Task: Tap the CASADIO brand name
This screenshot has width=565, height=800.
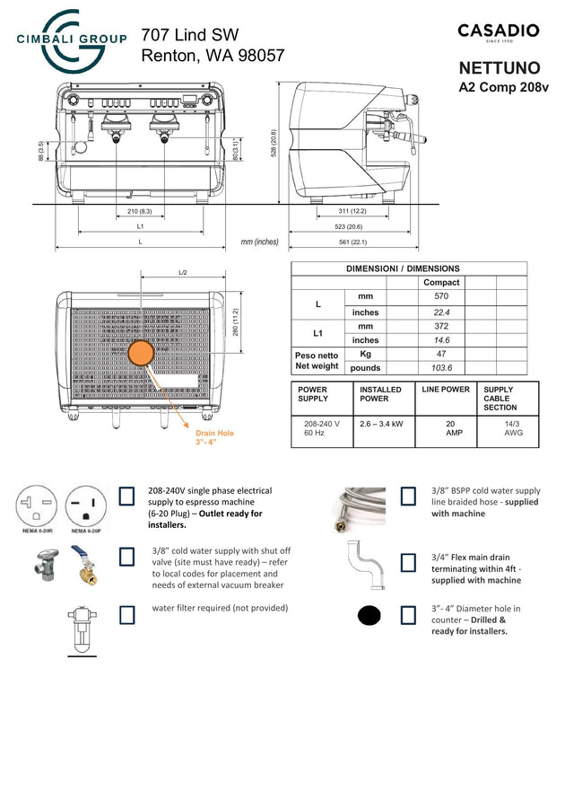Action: [x=499, y=31]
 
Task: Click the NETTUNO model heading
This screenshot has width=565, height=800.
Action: [x=500, y=68]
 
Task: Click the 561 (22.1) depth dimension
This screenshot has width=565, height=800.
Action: [x=352, y=242]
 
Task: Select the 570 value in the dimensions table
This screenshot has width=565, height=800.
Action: [x=440, y=295]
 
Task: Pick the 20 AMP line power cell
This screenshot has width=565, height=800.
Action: [x=455, y=426]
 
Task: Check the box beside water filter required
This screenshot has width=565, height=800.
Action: [x=127, y=614]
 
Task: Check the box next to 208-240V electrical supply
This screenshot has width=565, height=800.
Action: [x=127, y=497]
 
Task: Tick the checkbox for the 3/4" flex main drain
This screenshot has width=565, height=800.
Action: [x=408, y=562]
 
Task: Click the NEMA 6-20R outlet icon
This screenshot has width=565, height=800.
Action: [x=38, y=507]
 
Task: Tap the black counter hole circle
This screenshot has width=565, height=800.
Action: [x=370, y=617]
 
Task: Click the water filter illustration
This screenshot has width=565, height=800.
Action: [x=81, y=630]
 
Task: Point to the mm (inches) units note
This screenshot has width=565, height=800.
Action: [x=259, y=242]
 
